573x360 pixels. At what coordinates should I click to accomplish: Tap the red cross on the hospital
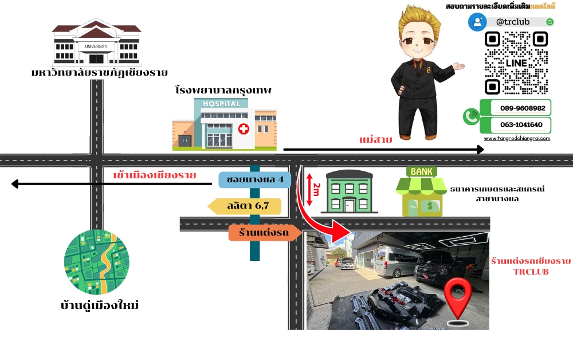click(x=244, y=128)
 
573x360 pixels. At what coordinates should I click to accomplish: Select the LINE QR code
click(x=516, y=63)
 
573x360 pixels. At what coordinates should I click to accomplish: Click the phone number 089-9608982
click(x=522, y=108)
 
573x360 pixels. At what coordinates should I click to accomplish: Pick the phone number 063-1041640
click(x=522, y=125)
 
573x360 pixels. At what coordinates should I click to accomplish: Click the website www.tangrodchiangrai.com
click(x=517, y=138)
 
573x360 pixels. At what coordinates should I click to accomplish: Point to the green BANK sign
click(x=421, y=171)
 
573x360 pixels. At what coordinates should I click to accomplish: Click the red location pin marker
click(x=461, y=299)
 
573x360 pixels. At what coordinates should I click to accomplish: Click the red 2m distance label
click(x=317, y=190)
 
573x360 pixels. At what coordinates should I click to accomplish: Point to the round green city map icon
click(x=96, y=262)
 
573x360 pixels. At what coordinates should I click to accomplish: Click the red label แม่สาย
click(x=376, y=140)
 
